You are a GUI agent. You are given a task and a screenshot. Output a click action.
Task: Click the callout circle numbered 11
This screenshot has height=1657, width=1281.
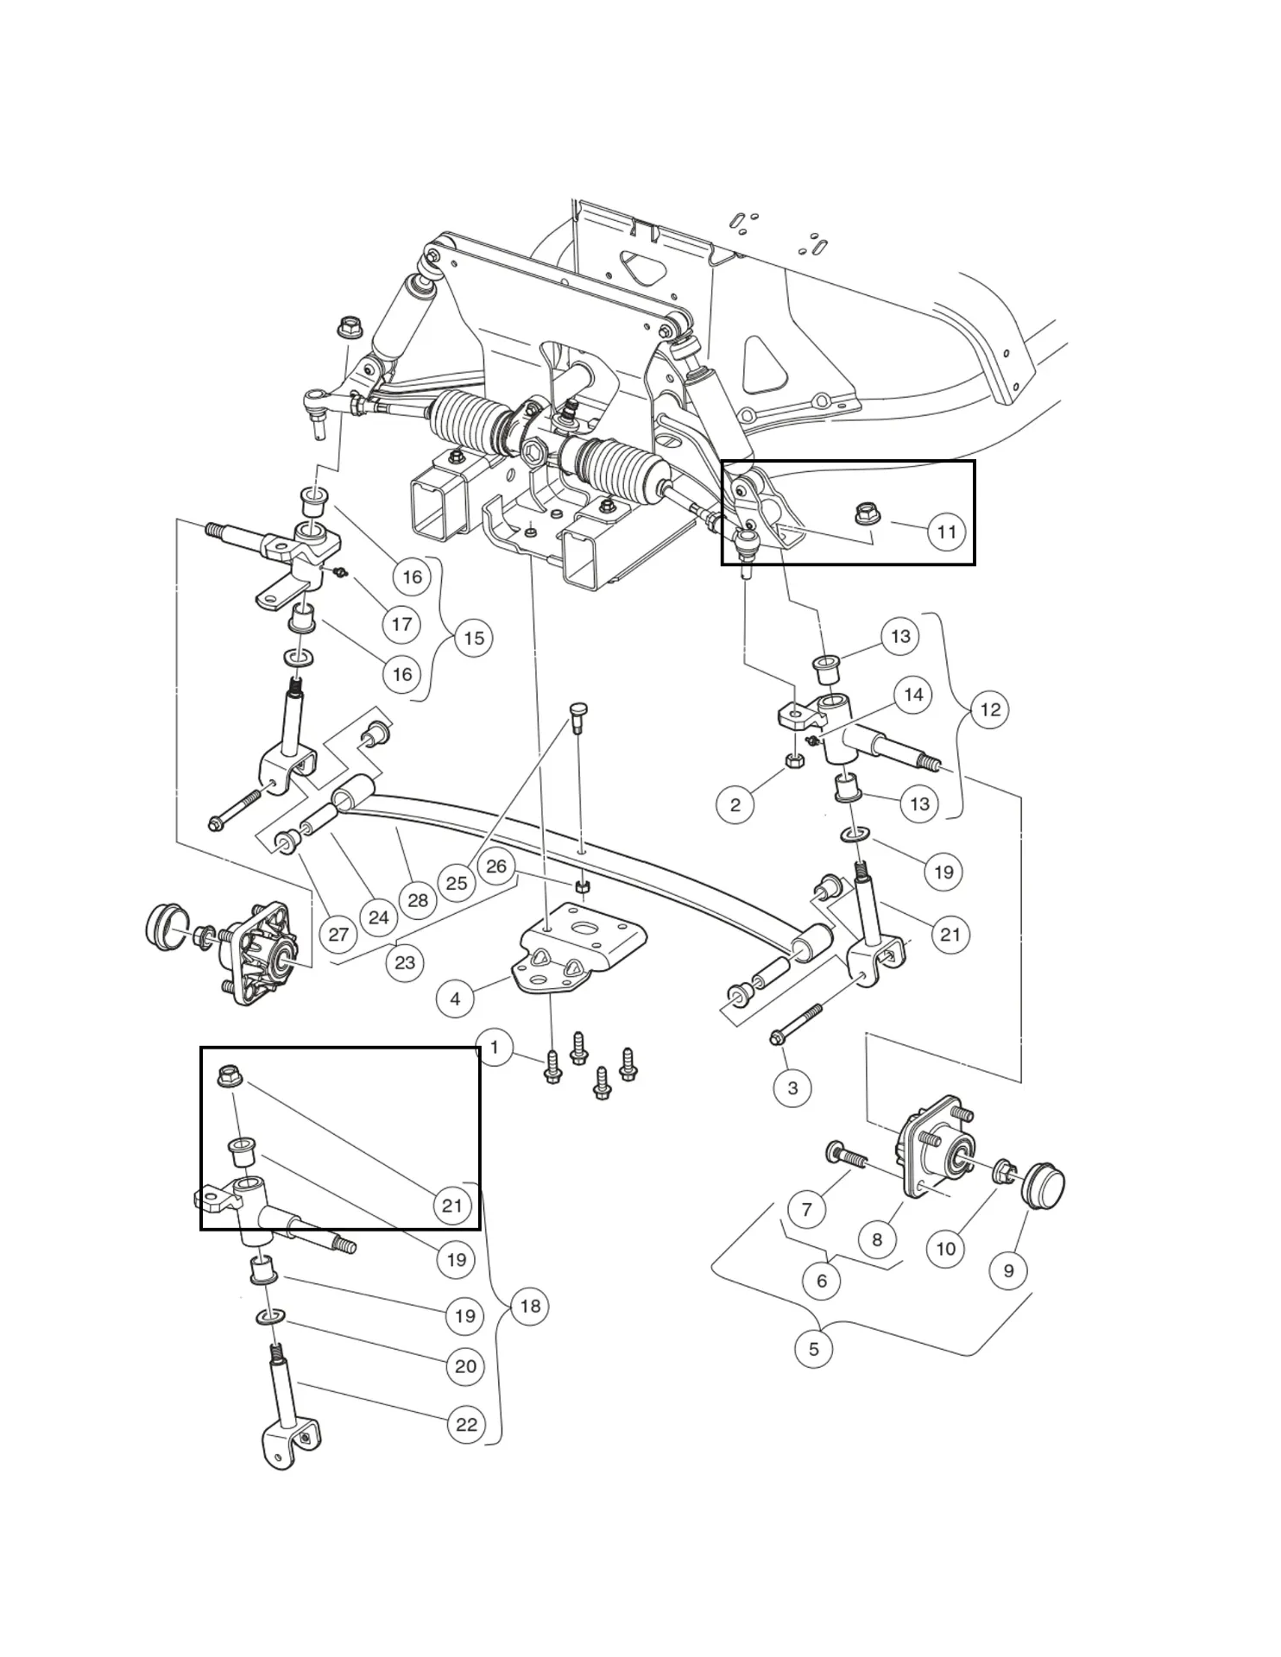[x=946, y=532]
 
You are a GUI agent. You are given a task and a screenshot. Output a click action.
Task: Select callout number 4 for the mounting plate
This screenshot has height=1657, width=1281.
[x=455, y=999]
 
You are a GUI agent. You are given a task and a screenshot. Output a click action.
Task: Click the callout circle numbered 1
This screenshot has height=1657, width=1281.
[x=494, y=1049]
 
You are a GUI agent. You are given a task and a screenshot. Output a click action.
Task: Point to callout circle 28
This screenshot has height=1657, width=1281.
[x=418, y=900]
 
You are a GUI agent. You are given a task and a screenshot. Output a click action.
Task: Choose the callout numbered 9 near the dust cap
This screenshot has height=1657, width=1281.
[x=1008, y=1270]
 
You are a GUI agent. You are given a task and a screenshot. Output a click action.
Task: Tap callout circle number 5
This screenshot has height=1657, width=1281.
[x=813, y=1348]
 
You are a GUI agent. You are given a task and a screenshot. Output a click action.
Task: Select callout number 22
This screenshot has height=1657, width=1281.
[x=466, y=1424]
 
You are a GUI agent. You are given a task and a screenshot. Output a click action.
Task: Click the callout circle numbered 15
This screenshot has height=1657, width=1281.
[x=474, y=639]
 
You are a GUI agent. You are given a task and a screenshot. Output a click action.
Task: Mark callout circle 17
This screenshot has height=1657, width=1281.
[x=401, y=624]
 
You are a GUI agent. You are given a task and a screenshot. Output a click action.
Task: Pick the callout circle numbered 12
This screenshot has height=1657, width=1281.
[x=990, y=709]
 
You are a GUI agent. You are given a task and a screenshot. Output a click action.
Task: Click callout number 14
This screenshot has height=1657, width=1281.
[x=913, y=695]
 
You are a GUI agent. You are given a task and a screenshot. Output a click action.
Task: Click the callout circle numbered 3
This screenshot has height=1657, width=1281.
[x=792, y=1087]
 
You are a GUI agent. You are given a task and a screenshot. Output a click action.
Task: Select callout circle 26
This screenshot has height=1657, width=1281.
[x=495, y=866]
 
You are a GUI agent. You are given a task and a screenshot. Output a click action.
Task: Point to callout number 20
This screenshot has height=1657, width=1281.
[x=465, y=1366]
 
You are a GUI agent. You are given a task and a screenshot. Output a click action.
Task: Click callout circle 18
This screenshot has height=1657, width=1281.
[x=530, y=1306]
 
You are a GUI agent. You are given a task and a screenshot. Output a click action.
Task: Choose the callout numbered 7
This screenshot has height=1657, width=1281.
[x=806, y=1209]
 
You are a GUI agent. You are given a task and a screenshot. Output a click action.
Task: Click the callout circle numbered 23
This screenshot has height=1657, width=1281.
[x=405, y=962]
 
